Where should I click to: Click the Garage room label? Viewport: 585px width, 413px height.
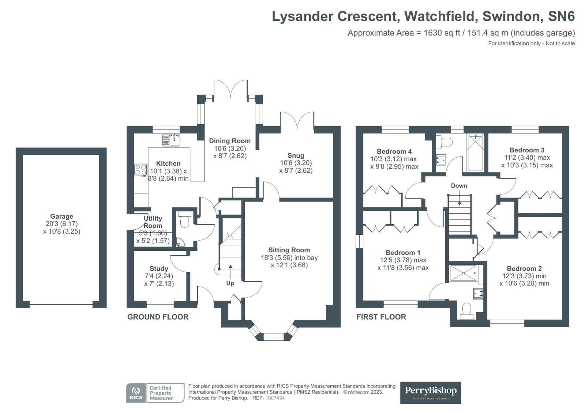click(x=61, y=217)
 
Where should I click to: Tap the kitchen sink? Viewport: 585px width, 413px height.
click(x=171, y=140)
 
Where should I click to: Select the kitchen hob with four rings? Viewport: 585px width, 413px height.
click(x=141, y=170)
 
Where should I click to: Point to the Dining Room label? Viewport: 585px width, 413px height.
click(x=230, y=141)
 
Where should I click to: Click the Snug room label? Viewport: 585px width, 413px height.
click(x=296, y=156)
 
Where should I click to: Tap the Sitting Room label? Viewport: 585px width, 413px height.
click(x=289, y=250)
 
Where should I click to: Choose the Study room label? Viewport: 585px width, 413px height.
click(x=159, y=269)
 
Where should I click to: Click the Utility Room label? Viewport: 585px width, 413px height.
click(x=153, y=222)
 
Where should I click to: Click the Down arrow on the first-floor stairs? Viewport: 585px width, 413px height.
click(x=460, y=200)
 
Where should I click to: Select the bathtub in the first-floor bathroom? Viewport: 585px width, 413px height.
click(x=476, y=153)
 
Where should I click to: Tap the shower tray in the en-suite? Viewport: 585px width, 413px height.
click(x=464, y=273)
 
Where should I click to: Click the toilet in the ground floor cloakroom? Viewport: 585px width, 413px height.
click(x=185, y=220)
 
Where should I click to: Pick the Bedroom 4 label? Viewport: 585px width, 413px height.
click(x=394, y=152)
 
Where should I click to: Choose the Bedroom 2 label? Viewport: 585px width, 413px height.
click(x=524, y=269)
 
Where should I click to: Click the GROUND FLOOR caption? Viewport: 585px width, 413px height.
click(x=158, y=317)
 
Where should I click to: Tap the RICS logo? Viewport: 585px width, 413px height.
click(x=136, y=393)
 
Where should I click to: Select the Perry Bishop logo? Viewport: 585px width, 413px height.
click(x=431, y=393)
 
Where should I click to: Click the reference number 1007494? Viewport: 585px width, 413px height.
click(x=275, y=398)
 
